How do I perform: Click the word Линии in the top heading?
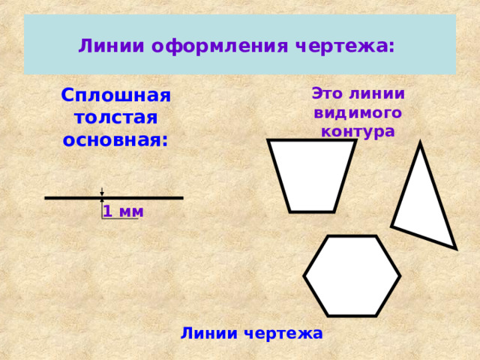[x=111, y=46]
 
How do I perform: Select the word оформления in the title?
[x=220, y=47]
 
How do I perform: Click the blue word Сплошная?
[x=115, y=95]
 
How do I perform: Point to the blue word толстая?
[x=116, y=118]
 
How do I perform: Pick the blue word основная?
[x=115, y=140]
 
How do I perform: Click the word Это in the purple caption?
[x=327, y=93]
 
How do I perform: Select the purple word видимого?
[x=358, y=113]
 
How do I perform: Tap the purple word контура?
[x=358, y=132]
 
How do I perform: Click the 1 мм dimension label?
[x=123, y=211]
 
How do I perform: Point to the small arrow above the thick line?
[x=102, y=191]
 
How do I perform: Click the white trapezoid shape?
[x=312, y=175]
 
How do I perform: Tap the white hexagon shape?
[x=352, y=276]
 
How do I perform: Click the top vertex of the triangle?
[x=420, y=142]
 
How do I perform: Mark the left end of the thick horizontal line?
[x=45, y=198]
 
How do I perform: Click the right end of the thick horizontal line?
[x=183, y=198]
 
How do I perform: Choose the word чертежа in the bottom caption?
[x=283, y=334]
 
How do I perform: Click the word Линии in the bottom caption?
[x=209, y=333]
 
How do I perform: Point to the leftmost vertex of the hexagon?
[x=304, y=276]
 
